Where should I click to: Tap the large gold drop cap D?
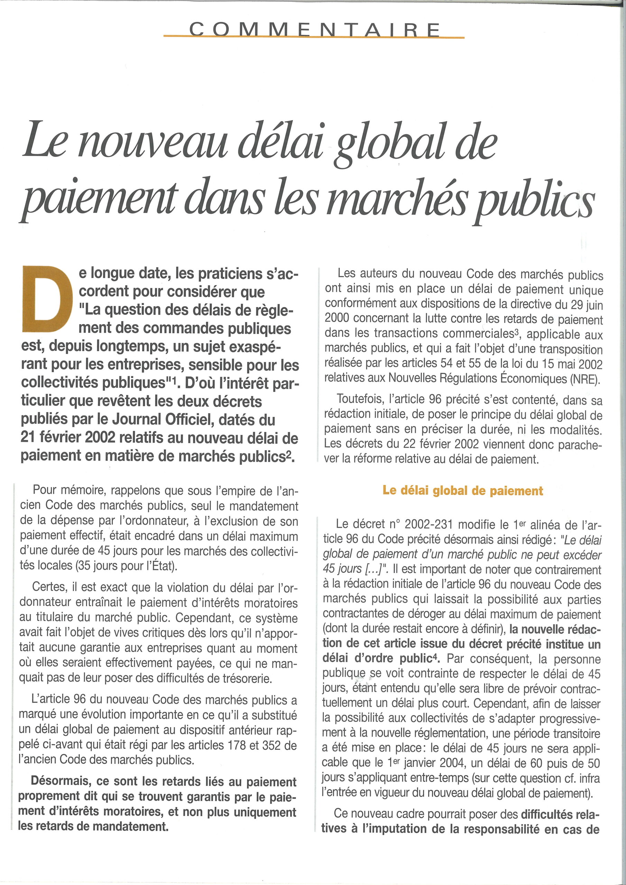click(47, 299)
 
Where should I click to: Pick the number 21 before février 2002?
click(28, 437)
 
